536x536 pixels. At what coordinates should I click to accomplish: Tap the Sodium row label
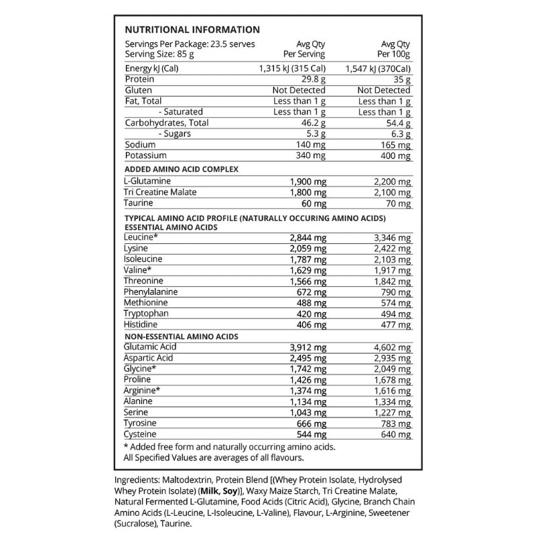pos(140,145)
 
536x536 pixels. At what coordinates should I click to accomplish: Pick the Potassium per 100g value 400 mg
pos(394,155)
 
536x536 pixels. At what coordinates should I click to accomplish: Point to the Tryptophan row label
pos(147,313)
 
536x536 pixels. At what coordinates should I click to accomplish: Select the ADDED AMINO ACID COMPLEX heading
pos(183,169)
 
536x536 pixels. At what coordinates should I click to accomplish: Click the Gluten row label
pos(139,90)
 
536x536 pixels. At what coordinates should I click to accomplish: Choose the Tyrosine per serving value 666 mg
pos(310,423)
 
